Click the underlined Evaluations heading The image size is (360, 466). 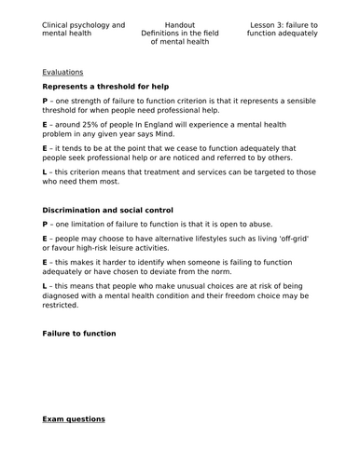coord(63,71)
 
